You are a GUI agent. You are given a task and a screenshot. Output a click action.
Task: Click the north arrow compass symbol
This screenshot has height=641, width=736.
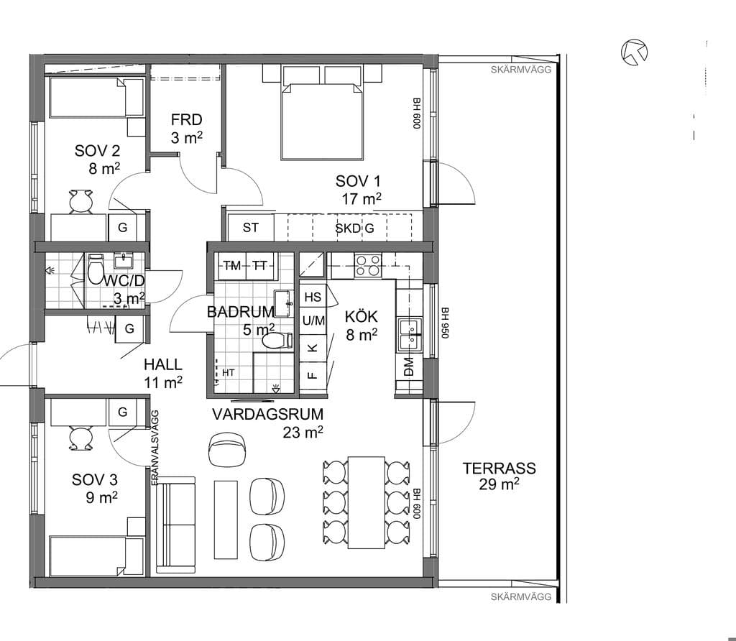pos(634,52)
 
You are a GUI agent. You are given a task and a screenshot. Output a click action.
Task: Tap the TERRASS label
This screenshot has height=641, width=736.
pos(499,469)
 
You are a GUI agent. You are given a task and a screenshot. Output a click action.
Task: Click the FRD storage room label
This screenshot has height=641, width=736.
pos(186,120)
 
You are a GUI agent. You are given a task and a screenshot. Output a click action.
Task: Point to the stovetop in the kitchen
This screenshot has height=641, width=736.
pos(368,265)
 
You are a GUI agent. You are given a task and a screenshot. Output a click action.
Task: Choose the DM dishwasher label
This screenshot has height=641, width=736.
pos(408,366)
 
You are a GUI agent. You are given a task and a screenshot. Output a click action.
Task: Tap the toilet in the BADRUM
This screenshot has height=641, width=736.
pos(277,341)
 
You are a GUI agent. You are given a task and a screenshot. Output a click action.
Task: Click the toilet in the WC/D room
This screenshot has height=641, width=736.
pos(96,269)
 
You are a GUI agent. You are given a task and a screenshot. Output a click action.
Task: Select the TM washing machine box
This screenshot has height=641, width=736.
pos(232,266)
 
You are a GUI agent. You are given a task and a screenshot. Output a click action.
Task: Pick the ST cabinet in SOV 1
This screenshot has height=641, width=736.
pos(251,228)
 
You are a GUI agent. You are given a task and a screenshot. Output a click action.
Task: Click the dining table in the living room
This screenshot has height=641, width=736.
pos(366,502)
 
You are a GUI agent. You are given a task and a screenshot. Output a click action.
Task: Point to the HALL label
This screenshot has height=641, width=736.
pos(163,364)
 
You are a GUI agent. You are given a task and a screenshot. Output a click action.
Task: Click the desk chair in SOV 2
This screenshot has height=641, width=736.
pos(80,202)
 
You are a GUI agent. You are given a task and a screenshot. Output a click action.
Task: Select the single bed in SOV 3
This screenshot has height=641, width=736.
pos(96,556)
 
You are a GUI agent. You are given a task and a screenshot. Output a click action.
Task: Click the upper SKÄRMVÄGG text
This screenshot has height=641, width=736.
pos(521,70)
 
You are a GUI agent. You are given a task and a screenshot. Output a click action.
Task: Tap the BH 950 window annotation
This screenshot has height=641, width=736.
pos(445,323)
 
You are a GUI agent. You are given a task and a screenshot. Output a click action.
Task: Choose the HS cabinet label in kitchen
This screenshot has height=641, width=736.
pos(313,297)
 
